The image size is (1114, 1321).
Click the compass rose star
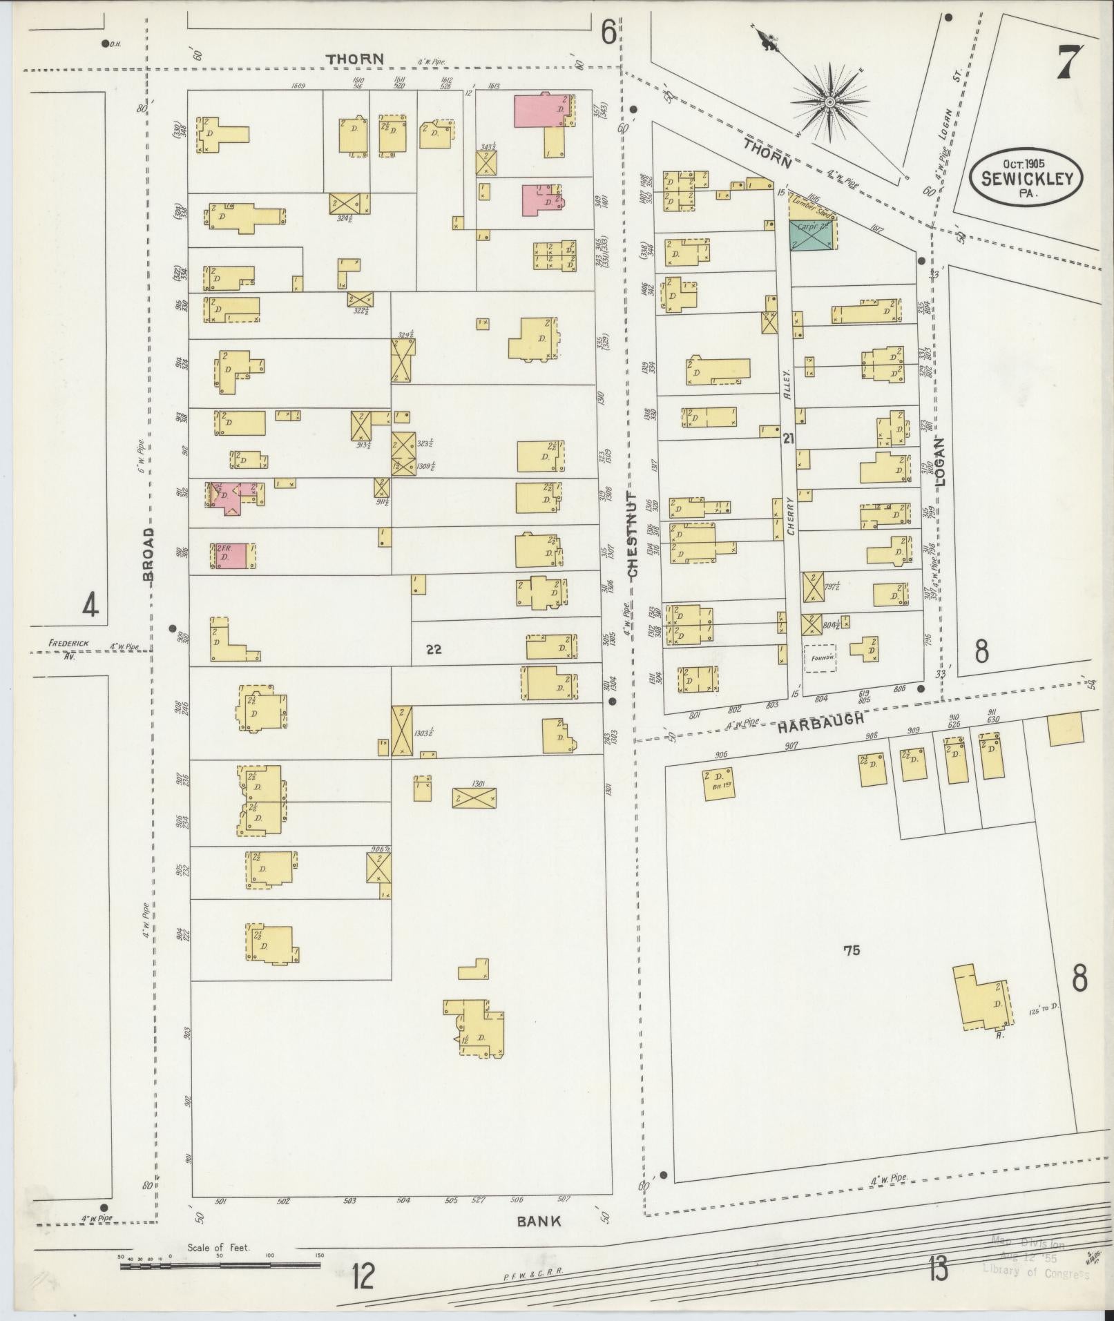click(828, 102)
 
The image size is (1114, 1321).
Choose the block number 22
click(434, 648)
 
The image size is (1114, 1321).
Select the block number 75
click(851, 950)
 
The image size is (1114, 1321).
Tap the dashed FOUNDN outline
click(819, 657)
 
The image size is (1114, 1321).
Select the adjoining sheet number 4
click(90, 605)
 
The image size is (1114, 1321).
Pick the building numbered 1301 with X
click(473, 798)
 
